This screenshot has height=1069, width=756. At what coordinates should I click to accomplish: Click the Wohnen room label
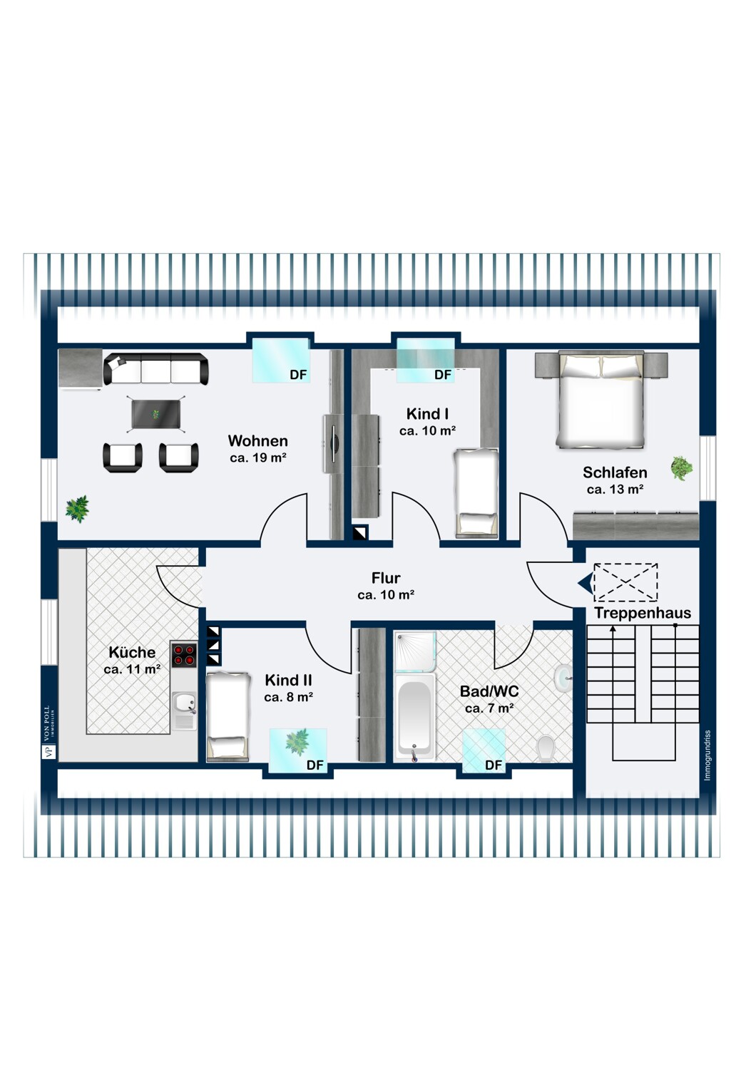click(x=257, y=440)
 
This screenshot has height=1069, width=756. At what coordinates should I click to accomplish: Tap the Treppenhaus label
click(x=643, y=613)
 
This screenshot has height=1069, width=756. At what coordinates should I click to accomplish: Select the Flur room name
click(x=386, y=578)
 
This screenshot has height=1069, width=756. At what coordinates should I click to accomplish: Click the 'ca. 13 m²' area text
click(x=615, y=489)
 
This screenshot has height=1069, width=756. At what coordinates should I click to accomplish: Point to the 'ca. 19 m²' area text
click(x=258, y=458)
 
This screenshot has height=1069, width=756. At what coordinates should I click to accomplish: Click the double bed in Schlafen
click(x=601, y=399)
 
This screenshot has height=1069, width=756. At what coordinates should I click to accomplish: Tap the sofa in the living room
click(x=155, y=369)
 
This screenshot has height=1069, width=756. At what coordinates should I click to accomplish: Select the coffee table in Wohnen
click(x=155, y=414)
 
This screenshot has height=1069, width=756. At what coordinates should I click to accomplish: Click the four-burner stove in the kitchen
click(x=184, y=655)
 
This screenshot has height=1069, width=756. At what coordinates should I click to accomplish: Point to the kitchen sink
click(x=184, y=703)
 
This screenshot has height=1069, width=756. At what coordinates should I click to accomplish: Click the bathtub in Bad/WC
click(x=414, y=716)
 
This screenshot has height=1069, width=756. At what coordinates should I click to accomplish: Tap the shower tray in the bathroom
click(x=415, y=651)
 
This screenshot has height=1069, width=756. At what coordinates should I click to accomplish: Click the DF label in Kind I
click(x=443, y=375)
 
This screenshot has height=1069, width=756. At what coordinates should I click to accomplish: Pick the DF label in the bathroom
click(x=494, y=765)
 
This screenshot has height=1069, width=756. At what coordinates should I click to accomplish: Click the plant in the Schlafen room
click(x=682, y=468)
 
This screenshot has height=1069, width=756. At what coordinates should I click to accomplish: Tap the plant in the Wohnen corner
click(x=77, y=509)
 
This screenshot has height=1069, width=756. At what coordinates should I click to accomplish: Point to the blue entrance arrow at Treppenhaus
click(x=586, y=583)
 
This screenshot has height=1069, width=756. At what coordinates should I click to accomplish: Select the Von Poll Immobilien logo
click(x=48, y=733)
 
